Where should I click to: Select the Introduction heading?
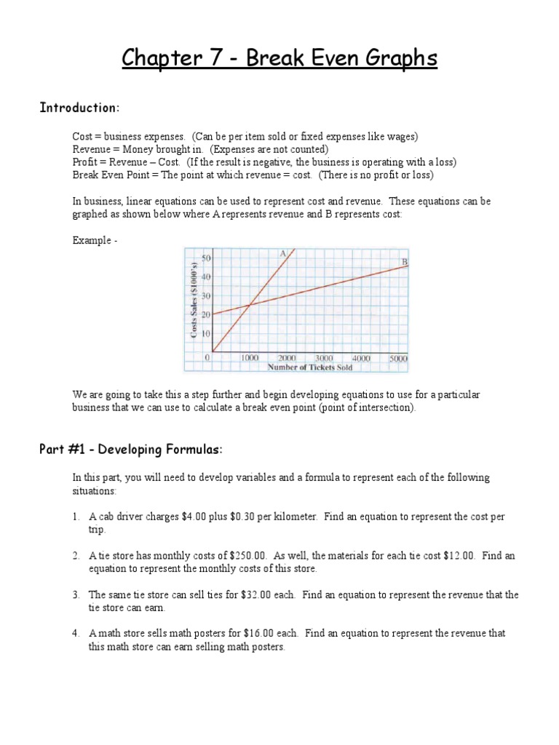coord(79,108)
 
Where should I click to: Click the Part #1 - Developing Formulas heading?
coord(130,450)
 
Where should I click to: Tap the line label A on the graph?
coord(282,253)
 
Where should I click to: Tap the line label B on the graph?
coord(404,261)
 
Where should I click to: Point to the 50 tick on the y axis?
coord(207,259)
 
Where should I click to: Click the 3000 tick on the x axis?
coord(324,359)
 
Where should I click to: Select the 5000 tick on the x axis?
coord(398,359)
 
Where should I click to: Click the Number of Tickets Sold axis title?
coord(309,367)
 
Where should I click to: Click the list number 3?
coord(76,594)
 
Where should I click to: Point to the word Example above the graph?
coord(91,239)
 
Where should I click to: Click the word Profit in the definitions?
coord(85,162)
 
